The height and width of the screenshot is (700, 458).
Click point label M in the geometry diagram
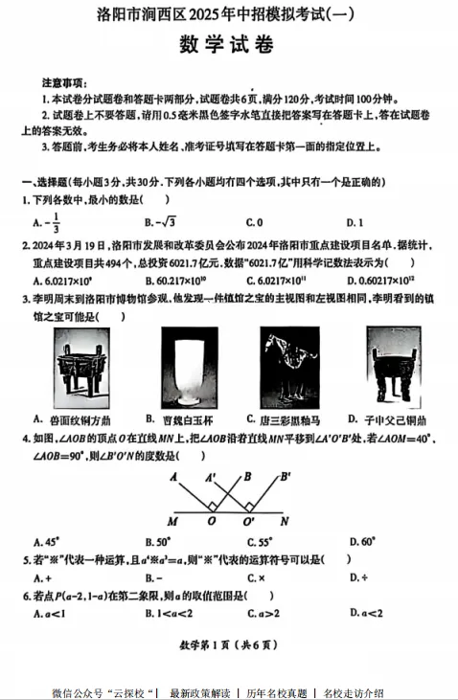172,522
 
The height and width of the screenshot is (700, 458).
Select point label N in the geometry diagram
284,522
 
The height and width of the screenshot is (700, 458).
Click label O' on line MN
249,522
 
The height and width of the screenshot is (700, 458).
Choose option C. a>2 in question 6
261,613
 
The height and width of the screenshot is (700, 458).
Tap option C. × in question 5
256,578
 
